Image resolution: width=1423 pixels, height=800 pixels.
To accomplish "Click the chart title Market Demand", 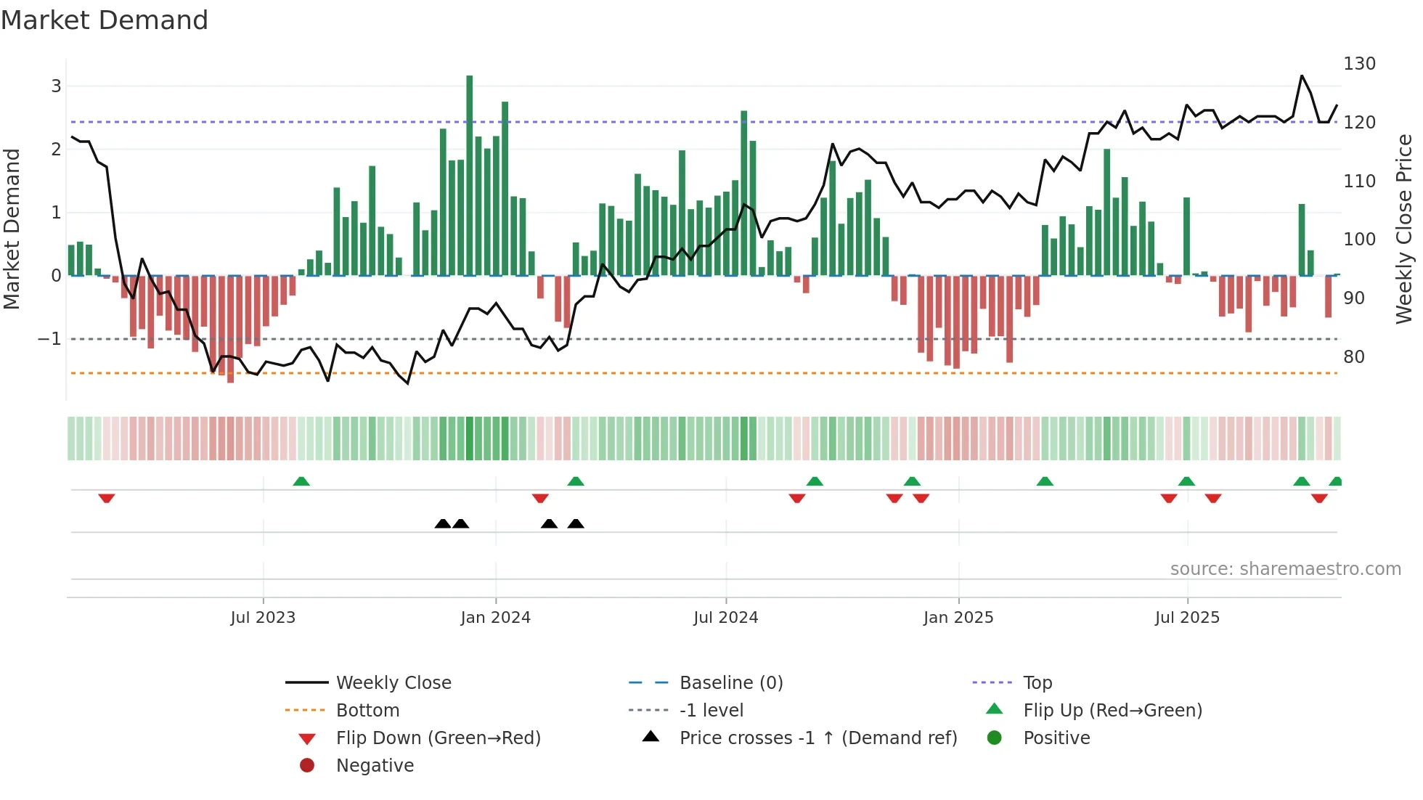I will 105,20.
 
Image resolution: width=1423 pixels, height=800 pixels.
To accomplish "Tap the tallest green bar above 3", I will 470,174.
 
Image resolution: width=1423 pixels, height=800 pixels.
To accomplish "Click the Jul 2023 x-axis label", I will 263,618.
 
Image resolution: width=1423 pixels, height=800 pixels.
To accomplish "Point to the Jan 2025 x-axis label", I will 958,618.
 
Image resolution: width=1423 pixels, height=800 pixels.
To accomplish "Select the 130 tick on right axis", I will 1359,64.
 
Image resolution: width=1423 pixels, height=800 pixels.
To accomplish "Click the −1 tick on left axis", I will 49,339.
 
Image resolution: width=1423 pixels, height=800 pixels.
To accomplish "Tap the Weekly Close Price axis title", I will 1404,229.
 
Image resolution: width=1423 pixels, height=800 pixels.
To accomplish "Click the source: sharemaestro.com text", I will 1285,569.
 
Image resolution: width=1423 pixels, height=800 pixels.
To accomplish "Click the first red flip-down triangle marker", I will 107,498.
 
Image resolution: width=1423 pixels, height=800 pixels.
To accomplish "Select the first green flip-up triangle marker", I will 301,481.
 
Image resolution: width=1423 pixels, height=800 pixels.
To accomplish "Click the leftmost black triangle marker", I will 443,523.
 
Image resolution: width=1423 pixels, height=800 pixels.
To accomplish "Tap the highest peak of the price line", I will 1302,75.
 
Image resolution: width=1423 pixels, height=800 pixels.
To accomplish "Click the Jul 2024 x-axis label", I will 725,618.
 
